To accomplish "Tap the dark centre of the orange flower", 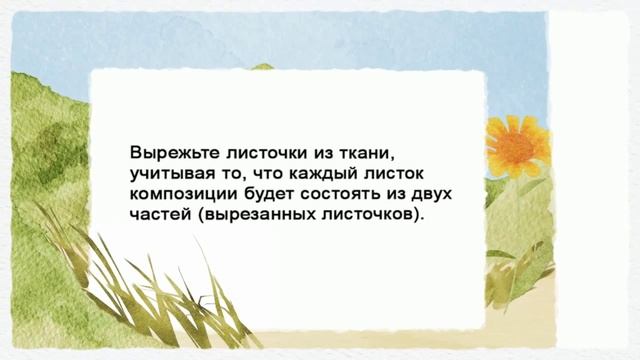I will (x=516, y=146).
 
